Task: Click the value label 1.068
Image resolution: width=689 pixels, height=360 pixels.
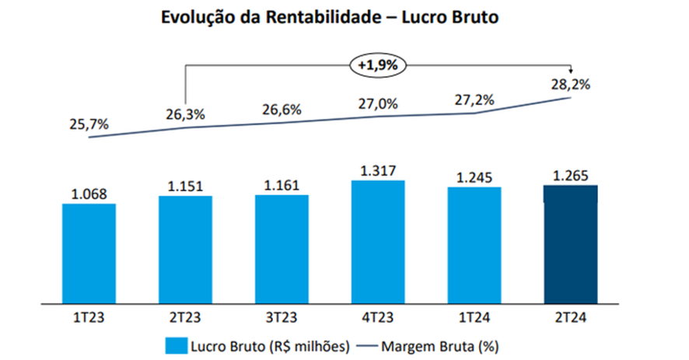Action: click(x=89, y=194)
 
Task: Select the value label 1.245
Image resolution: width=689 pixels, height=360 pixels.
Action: click(x=474, y=178)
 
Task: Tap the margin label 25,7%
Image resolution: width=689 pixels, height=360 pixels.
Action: click(x=89, y=124)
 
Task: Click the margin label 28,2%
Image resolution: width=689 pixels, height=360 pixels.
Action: click(x=570, y=85)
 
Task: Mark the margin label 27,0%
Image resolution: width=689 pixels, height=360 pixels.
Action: click(x=378, y=103)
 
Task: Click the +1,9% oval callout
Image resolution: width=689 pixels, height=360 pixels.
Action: click(x=378, y=66)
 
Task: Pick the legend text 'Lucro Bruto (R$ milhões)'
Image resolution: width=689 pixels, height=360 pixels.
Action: click(x=267, y=344)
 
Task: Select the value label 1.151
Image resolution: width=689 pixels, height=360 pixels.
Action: click(x=185, y=187)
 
